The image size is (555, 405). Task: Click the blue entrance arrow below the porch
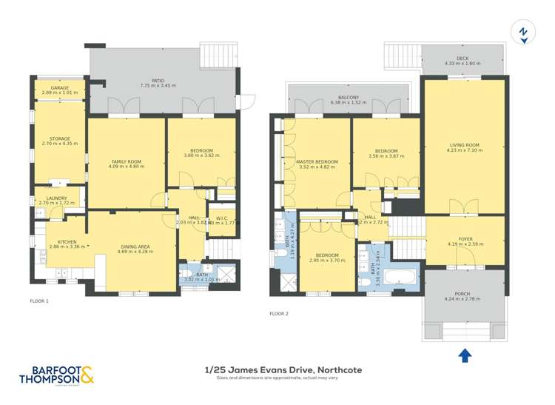point(465,355)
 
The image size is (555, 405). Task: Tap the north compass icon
point(524,33)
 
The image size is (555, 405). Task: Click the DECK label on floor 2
point(462,59)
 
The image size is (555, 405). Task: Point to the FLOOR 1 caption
point(39,301)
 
